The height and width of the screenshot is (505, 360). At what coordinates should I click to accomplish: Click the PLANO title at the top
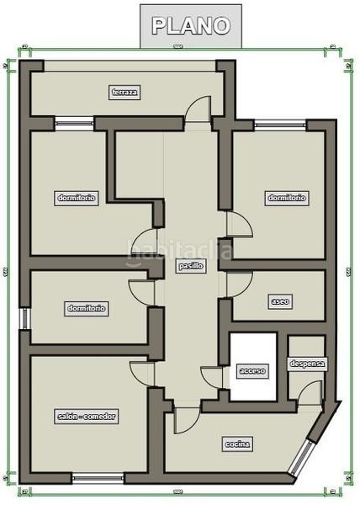[x=190, y=25]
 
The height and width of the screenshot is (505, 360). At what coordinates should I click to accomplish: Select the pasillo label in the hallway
[x=190, y=265]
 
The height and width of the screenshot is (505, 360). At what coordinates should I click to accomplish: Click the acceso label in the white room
[x=251, y=370]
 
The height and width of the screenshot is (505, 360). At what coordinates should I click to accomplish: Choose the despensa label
[x=307, y=364]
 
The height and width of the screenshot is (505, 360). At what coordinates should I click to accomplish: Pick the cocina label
[x=238, y=444]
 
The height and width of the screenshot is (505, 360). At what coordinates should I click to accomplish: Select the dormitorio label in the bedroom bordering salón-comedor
[x=87, y=308]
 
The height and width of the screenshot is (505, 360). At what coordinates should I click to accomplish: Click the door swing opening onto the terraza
[x=198, y=109]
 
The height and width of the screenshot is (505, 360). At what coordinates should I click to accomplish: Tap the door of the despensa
[x=311, y=391]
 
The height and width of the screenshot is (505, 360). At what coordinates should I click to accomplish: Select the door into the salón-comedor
[x=142, y=373]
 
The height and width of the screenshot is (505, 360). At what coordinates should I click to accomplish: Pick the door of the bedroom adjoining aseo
[x=239, y=226]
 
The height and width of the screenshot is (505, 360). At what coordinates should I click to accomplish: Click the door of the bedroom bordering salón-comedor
[x=141, y=290]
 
